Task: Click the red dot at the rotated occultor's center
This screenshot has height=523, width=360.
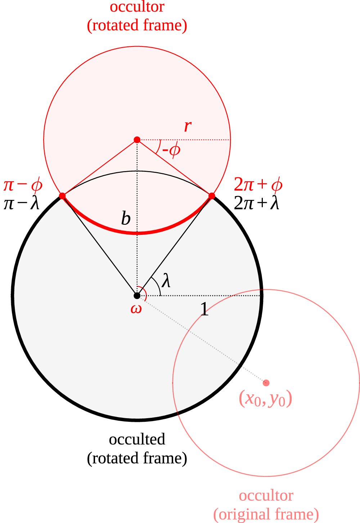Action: (137, 140)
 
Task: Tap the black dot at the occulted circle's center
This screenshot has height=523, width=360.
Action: (137, 296)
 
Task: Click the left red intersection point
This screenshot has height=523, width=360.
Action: (62, 196)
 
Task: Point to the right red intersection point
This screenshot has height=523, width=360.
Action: (212, 196)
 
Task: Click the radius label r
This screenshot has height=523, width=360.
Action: (188, 126)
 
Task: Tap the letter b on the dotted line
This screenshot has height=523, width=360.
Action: (126, 218)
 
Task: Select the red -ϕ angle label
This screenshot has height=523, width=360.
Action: (171, 149)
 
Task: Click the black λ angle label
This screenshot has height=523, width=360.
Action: (166, 281)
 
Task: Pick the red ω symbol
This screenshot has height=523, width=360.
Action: (136, 309)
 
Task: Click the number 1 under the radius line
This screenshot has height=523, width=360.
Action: (204, 309)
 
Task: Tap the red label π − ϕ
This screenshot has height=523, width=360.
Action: (23, 185)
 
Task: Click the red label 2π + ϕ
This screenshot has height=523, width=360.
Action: (258, 185)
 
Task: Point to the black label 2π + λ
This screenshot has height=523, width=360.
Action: (256, 204)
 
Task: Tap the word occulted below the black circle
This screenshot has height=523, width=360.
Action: (137, 439)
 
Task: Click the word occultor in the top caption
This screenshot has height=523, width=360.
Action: (137, 6)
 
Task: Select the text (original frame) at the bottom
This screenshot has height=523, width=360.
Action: (266, 514)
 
